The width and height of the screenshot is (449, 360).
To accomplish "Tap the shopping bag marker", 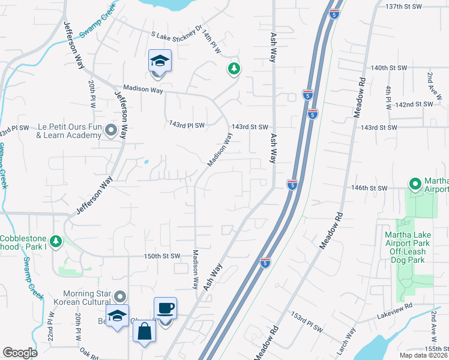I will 145,332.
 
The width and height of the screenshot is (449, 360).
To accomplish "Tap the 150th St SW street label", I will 161,256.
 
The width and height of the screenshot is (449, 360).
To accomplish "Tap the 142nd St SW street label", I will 414,104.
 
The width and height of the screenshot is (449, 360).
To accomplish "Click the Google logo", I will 20,353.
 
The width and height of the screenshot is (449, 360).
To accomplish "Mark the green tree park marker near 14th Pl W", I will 233,70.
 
